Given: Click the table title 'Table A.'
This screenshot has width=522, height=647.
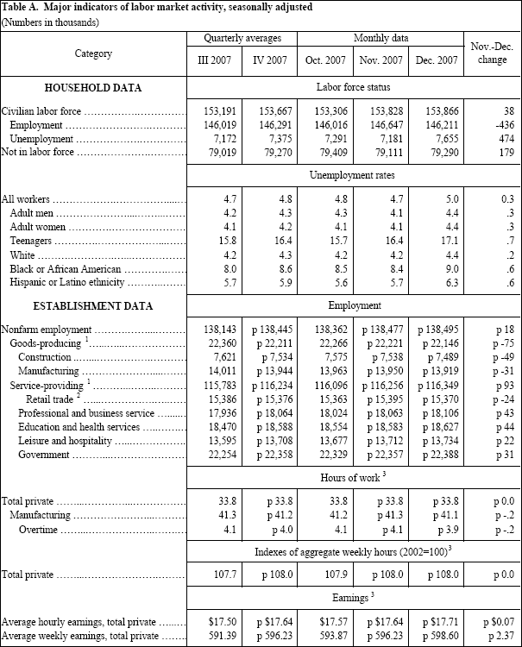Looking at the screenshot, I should (x=23, y=7).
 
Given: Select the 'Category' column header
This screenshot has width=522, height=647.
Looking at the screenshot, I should (x=93, y=53).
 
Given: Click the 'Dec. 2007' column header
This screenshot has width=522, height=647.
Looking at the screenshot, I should (x=438, y=62).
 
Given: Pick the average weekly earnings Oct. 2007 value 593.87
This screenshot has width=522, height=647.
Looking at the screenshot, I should (x=326, y=636).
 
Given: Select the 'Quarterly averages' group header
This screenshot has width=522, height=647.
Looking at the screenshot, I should (x=242, y=40).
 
